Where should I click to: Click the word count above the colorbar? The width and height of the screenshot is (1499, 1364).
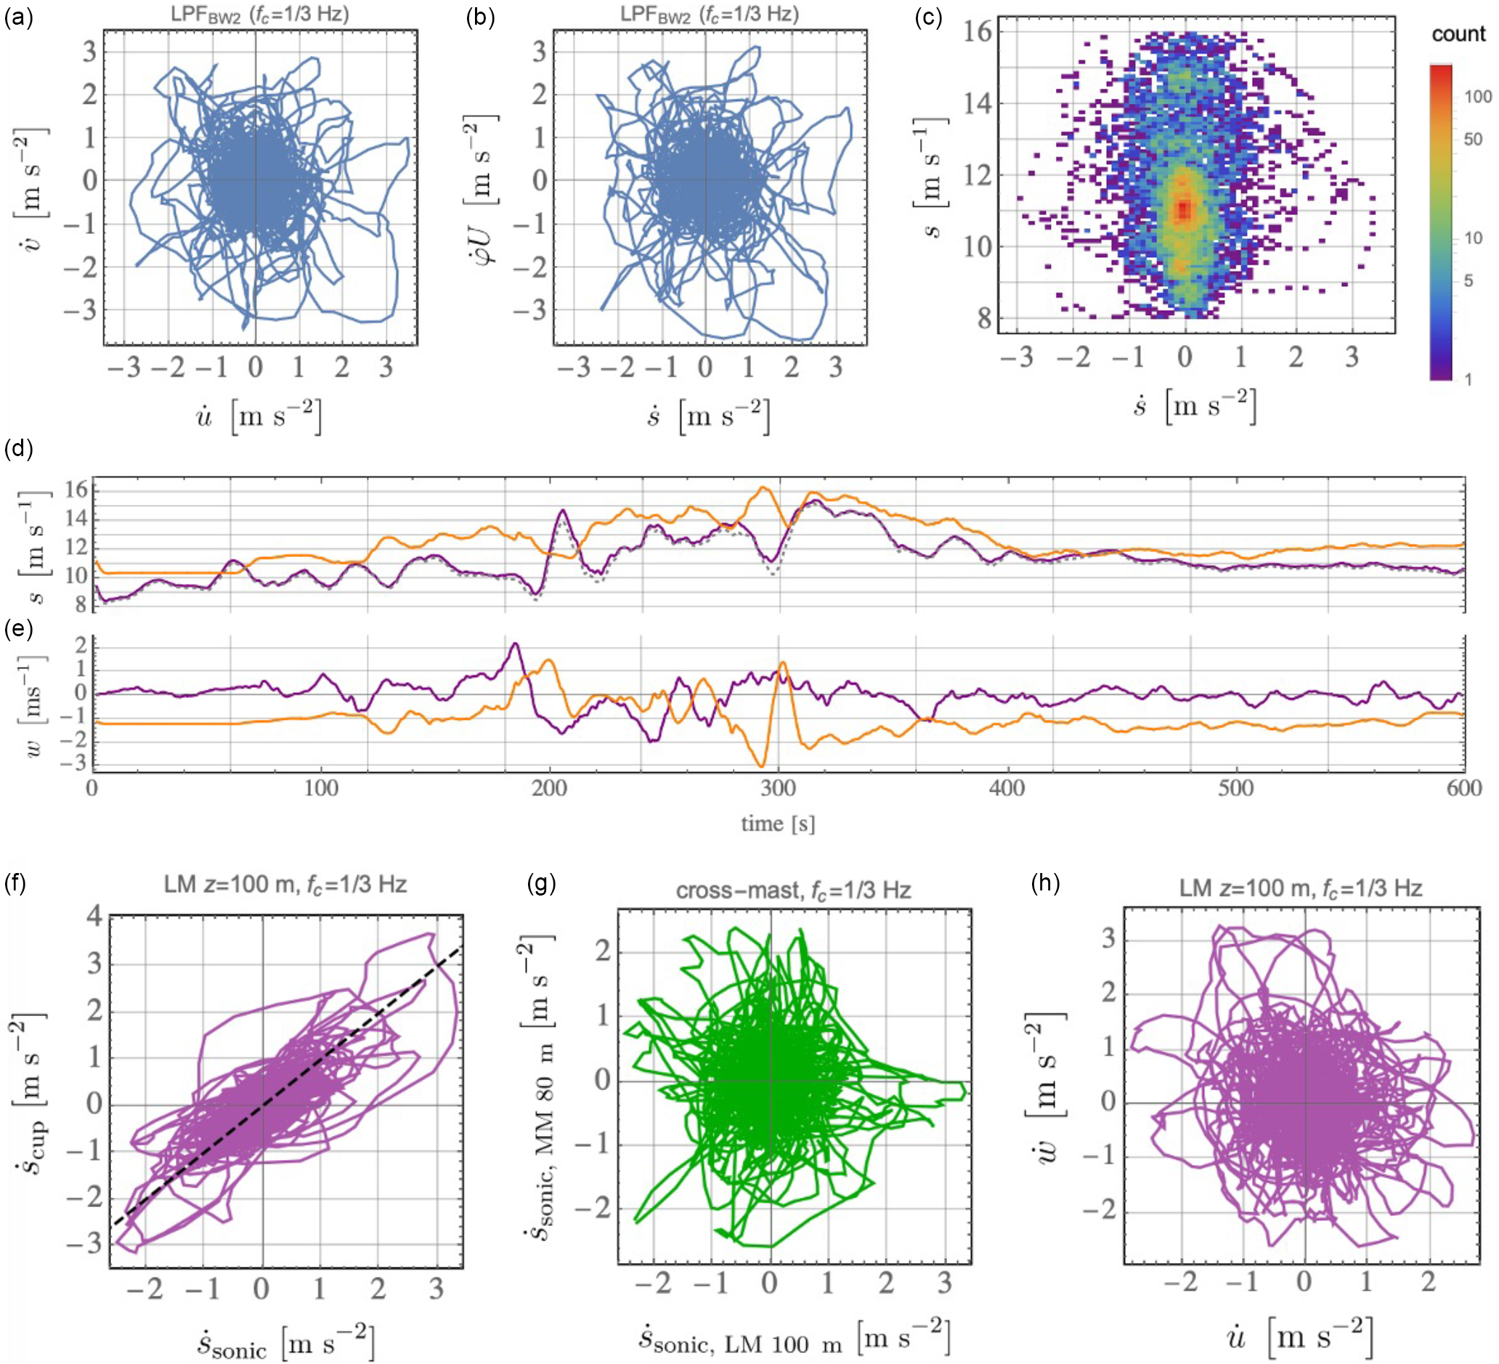click(1458, 34)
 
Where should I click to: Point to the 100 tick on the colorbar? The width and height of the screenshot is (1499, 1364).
click(1476, 96)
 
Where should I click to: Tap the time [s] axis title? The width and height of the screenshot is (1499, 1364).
click(778, 824)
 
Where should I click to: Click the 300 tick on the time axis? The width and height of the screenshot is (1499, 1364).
click(779, 787)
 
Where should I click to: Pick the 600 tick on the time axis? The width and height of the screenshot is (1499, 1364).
click(1464, 787)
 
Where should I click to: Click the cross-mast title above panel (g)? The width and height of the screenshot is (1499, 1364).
click(792, 890)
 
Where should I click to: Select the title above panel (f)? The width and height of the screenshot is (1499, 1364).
click(285, 885)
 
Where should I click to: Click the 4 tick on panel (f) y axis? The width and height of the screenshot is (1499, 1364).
click(94, 917)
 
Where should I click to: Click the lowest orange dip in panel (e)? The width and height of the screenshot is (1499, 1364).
click(760, 766)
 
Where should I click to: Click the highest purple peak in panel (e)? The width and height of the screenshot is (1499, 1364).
click(514, 644)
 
